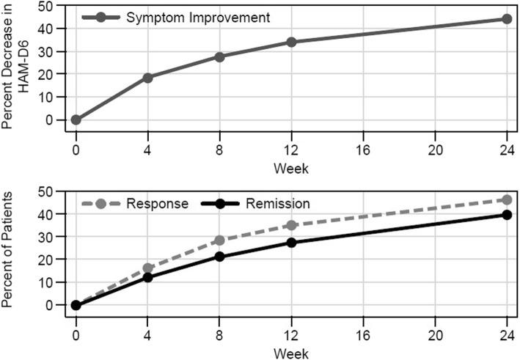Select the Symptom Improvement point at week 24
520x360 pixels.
coord(506,19)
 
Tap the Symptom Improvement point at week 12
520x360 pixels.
coord(291,42)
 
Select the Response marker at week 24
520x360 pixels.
coord(506,199)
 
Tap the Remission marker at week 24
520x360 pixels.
coord(506,215)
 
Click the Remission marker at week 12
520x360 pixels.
coord(291,242)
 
